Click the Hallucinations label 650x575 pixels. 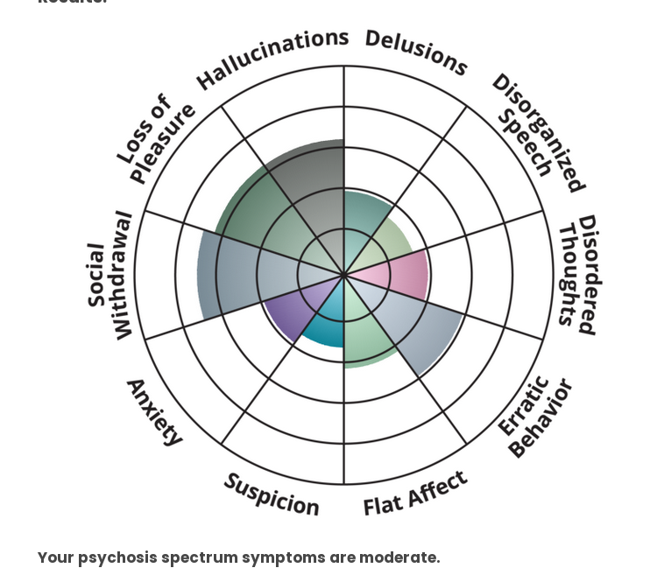(271, 57)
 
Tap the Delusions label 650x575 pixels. (416, 51)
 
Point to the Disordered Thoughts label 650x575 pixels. (577, 274)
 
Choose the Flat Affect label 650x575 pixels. (414, 494)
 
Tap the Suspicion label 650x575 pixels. (271, 494)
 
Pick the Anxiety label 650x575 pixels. (154, 411)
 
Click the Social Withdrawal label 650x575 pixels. (110, 274)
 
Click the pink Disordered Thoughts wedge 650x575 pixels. (406, 273)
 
